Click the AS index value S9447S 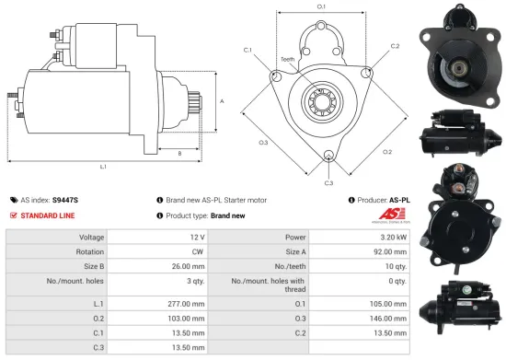tap(66, 198)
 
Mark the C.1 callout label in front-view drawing tap(248, 49)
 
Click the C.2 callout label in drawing tap(395, 45)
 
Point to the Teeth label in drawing tap(288, 59)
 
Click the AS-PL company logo tap(390, 215)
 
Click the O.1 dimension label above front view tap(322, 6)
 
